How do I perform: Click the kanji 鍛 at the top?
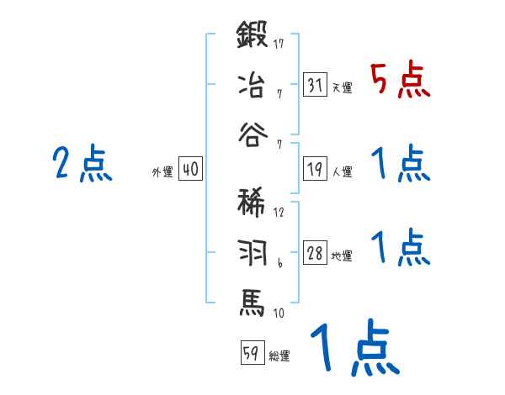click(x=253, y=38)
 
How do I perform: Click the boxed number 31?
click(x=315, y=85)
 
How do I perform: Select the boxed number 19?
click(x=315, y=168)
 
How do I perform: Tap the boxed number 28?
click(x=315, y=253)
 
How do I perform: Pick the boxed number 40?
click(x=190, y=169)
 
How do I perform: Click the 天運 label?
click(x=342, y=88)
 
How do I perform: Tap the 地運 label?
click(x=342, y=256)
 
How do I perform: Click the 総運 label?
click(x=279, y=355)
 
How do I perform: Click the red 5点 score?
click(x=400, y=82)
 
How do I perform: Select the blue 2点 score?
click(x=82, y=164)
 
